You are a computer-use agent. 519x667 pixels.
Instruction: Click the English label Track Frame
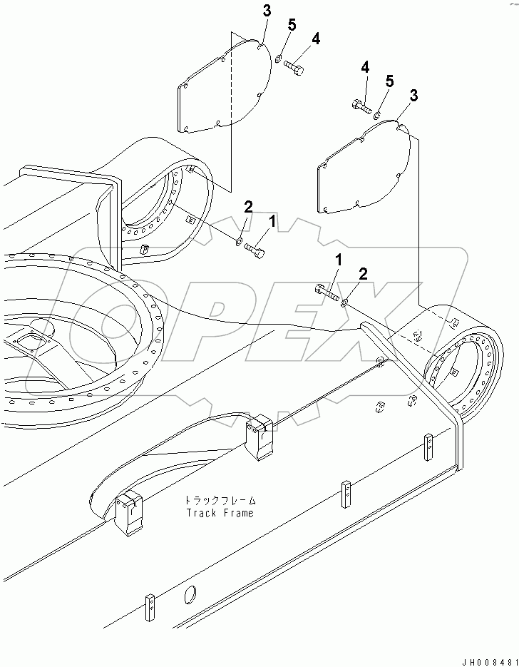click(x=220, y=513)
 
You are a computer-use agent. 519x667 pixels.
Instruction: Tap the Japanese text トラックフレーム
click(x=220, y=499)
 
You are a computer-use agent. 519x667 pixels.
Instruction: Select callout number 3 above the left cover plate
click(x=267, y=11)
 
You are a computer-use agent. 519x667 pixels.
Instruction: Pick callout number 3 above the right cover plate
click(x=413, y=96)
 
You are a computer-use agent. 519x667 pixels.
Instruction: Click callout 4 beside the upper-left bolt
click(x=315, y=39)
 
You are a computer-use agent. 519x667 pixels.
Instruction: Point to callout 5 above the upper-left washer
click(x=292, y=25)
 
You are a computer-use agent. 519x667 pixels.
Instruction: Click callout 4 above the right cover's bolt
click(x=365, y=67)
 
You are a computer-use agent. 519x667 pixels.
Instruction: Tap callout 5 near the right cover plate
click(x=389, y=81)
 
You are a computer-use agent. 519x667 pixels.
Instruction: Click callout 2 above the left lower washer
click(x=248, y=207)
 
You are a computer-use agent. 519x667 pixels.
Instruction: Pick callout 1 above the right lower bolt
click(x=339, y=260)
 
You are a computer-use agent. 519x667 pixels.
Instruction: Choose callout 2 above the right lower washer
click(x=363, y=274)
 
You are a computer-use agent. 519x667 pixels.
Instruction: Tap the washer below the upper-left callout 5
click(x=279, y=58)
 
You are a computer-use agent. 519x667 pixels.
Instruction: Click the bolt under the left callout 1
click(x=255, y=249)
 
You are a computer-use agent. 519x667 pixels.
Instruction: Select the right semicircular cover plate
click(x=364, y=166)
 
